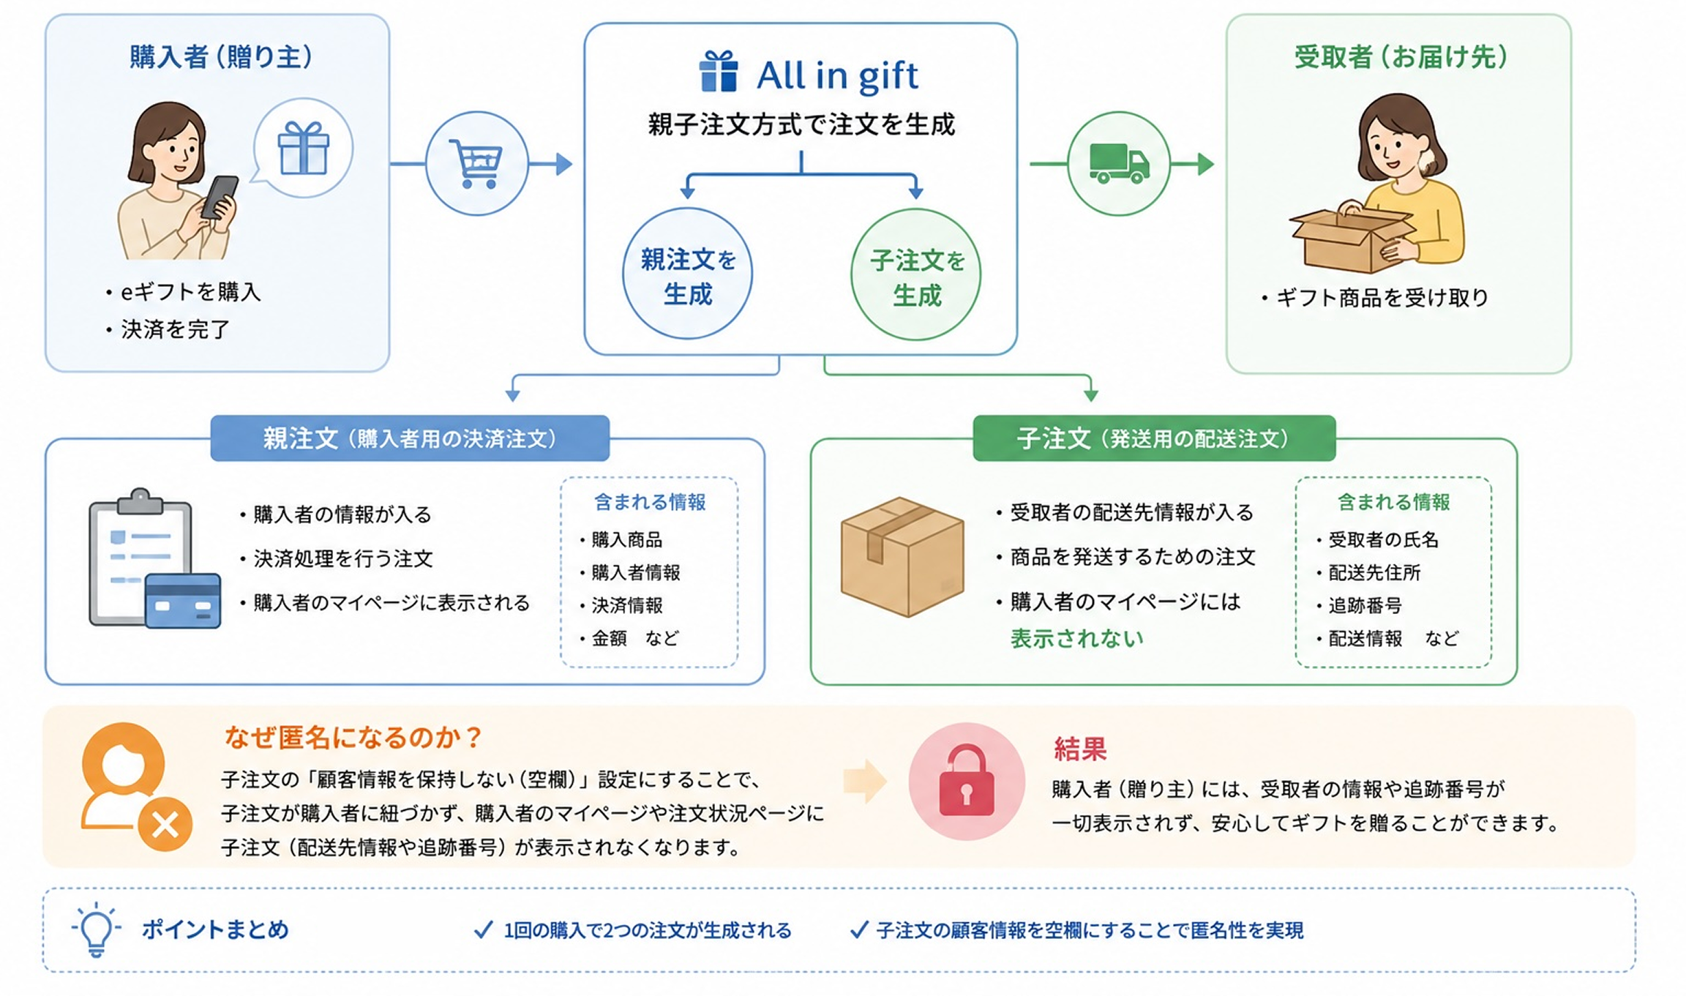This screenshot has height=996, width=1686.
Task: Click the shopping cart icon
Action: [476, 163]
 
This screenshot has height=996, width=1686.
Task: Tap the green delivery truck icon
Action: [1119, 163]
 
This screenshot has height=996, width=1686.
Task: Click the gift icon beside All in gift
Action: [719, 72]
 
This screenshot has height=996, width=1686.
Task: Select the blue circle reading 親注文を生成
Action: [687, 274]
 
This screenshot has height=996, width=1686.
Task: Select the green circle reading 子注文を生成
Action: [916, 275]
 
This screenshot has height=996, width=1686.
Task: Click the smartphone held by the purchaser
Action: [220, 197]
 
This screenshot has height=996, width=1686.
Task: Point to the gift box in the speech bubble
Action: [304, 148]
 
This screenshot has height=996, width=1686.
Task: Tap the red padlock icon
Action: [966, 781]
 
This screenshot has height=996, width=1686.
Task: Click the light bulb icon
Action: [96, 929]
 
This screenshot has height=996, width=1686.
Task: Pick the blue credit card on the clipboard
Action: [183, 600]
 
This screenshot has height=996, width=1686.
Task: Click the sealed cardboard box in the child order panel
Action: [902, 557]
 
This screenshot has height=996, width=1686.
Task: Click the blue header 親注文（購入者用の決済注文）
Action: [410, 438]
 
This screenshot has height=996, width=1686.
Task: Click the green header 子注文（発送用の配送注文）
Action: [1154, 438]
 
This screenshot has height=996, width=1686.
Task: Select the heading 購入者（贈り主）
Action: [222, 56]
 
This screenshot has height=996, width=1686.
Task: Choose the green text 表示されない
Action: [1076, 639]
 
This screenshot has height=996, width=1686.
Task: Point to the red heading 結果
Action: [1080, 749]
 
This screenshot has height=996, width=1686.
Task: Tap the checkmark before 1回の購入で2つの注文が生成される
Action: [483, 930]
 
